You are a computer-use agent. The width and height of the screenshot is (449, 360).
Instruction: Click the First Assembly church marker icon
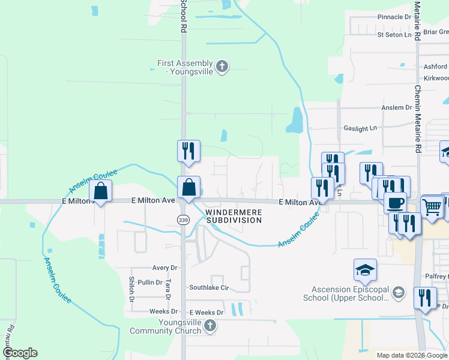point(222,66)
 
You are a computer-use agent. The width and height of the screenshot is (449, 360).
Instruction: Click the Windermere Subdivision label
point(234,216)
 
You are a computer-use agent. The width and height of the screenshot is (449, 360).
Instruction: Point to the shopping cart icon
point(432,208)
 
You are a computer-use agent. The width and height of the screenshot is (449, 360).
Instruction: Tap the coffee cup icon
point(396,202)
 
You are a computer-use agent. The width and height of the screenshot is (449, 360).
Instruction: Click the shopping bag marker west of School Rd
point(101,192)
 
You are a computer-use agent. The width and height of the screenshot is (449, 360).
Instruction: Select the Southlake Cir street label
point(209,287)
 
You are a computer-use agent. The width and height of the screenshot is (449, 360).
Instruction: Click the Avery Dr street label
point(165,268)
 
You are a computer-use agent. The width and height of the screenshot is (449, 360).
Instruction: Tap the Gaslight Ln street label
point(360,128)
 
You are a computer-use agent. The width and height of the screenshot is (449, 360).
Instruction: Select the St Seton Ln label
point(395,35)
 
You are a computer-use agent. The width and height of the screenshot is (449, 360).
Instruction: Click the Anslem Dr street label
point(397,107)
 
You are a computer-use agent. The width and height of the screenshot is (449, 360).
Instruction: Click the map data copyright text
point(412,355)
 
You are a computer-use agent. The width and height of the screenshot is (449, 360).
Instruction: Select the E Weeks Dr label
point(206,313)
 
